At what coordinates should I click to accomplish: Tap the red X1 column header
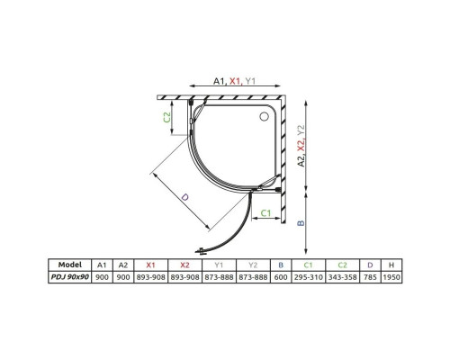151,265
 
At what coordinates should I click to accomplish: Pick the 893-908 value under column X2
184,278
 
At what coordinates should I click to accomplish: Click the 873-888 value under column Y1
219,278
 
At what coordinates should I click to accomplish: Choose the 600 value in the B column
281,278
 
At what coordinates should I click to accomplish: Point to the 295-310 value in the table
310,278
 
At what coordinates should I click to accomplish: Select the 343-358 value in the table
343,278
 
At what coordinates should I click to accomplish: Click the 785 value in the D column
370,278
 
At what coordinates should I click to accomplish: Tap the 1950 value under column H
391,278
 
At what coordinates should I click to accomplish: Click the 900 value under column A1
101,278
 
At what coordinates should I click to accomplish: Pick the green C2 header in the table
343,265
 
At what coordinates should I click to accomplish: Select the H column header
391,265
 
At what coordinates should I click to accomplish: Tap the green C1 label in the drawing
267,212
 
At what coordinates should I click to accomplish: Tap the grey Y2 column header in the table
253,265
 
